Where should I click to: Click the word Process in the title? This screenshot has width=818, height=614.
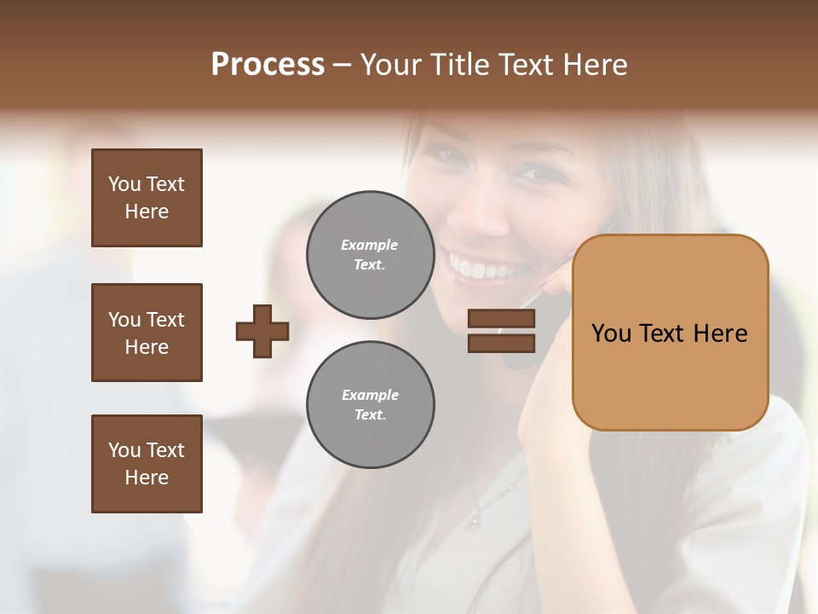pyautogui.click(x=268, y=65)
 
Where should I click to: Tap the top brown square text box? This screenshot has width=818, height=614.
pyautogui.click(x=147, y=198)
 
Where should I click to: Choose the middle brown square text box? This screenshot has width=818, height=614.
pyautogui.click(x=147, y=333)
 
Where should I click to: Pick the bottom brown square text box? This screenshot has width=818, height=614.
pyautogui.click(x=147, y=464)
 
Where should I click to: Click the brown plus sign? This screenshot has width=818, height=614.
pyautogui.click(x=262, y=331)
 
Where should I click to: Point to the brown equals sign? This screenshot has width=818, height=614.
pyautogui.click(x=501, y=331)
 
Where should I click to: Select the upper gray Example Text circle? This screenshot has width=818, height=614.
pyautogui.click(x=371, y=255)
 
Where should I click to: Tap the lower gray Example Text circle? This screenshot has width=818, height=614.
pyautogui.click(x=371, y=405)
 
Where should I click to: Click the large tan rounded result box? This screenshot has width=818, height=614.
pyautogui.click(x=670, y=333)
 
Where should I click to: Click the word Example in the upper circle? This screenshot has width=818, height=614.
pyautogui.click(x=369, y=246)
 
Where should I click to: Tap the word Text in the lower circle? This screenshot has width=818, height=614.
pyautogui.click(x=370, y=415)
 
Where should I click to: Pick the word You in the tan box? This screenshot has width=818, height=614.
pyautogui.click(x=611, y=333)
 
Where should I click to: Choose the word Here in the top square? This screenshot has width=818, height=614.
pyautogui.click(x=147, y=211)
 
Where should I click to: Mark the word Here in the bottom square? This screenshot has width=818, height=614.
pyautogui.click(x=147, y=478)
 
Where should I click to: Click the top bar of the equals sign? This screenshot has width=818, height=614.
pyautogui.click(x=501, y=319)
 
